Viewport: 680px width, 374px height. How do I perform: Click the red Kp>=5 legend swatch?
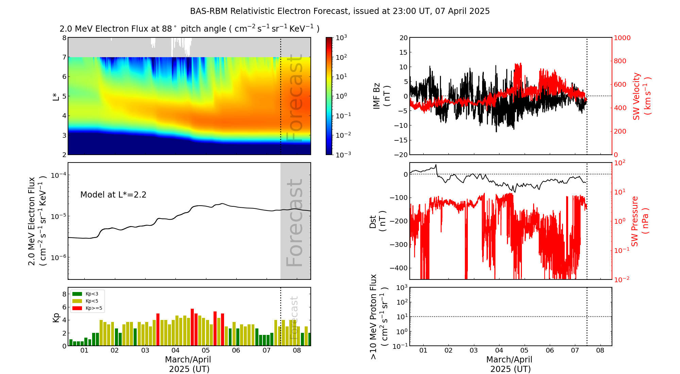click(x=77, y=308)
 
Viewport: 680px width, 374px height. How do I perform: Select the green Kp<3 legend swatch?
click(x=77, y=294)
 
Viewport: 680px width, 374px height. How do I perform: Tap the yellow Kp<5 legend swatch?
click(x=77, y=301)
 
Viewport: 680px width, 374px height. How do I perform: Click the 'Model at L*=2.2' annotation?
click(x=113, y=195)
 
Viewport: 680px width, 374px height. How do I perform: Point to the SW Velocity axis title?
click(x=641, y=96)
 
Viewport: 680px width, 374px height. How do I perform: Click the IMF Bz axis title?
click(x=381, y=96)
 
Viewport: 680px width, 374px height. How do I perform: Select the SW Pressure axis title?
click(x=640, y=221)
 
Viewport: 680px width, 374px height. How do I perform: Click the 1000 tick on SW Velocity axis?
click(x=622, y=38)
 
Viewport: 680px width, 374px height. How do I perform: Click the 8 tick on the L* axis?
click(x=64, y=38)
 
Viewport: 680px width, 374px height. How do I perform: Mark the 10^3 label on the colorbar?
click(x=341, y=37)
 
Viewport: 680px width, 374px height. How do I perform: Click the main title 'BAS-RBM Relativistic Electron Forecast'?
click(x=340, y=11)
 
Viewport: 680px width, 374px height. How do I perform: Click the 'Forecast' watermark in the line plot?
click(x=294, y=223)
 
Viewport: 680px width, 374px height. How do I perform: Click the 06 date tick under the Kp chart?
click(x=236, y=351)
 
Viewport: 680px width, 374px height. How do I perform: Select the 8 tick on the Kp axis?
click(x=64, y=294)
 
